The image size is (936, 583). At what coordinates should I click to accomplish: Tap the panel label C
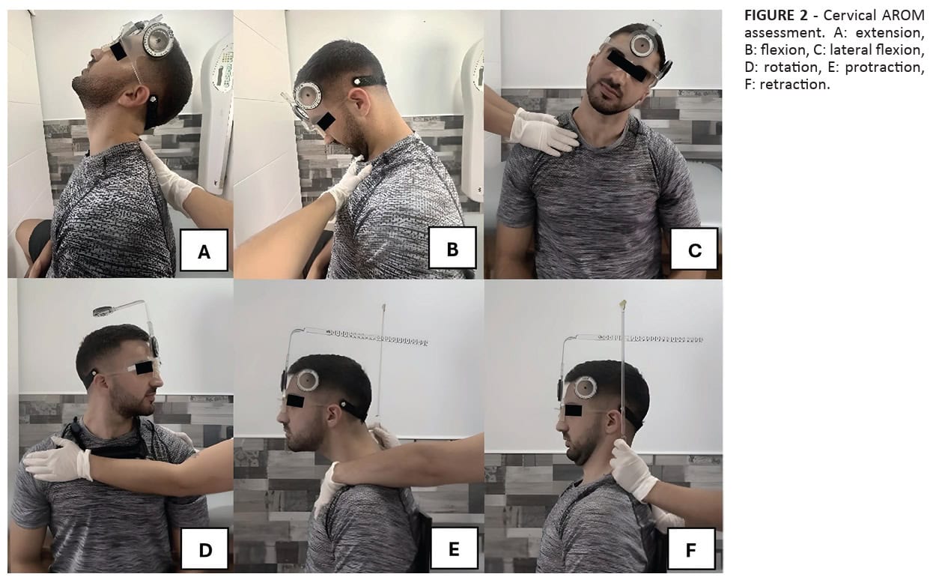(694, 249)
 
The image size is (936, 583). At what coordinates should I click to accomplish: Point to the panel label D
(204, 549)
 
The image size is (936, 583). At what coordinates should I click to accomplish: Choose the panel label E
(455, 548)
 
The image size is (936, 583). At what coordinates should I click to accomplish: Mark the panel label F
(691, 549)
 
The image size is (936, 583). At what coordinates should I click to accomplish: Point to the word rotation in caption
(791, 67)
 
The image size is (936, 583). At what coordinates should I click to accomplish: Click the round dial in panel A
(158, 39)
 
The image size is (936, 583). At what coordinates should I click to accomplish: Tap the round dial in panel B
(308, 95)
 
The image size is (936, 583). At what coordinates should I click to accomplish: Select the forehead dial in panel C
(642, 44)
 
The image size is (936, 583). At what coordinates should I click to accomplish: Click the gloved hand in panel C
(542, 132)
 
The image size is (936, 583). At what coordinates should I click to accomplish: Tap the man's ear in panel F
(614, 423)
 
